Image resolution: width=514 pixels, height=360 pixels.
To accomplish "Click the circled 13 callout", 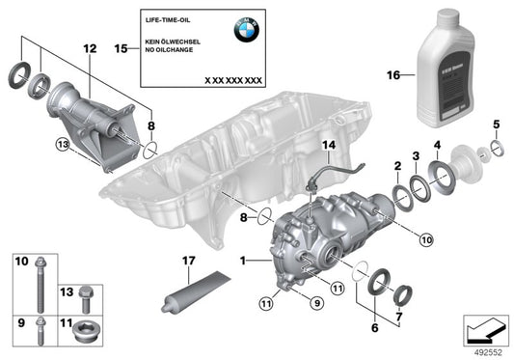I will (x=62, y=145).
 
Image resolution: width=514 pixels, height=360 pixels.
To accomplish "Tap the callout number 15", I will (x=121, y=46).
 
